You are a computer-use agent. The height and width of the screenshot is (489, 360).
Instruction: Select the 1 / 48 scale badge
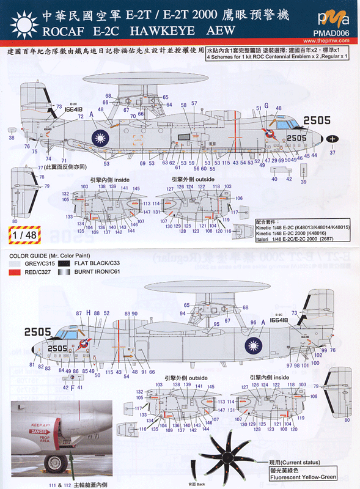point(19,233)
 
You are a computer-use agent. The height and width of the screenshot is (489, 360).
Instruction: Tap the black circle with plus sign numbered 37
point(332,139)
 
